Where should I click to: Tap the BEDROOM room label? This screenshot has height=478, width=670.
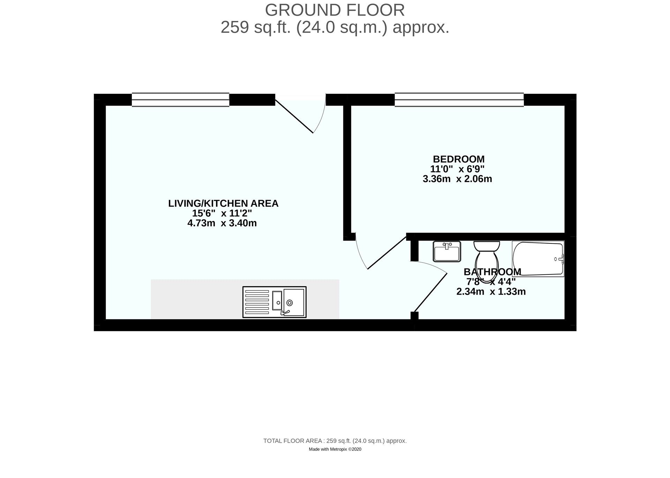coord(459,159)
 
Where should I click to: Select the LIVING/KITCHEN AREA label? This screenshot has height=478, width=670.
coord(223,203)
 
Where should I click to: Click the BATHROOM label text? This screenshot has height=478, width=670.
coord(492,272)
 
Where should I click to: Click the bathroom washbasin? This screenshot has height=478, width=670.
coord(447,251)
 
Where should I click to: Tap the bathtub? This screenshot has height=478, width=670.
coord(537,259)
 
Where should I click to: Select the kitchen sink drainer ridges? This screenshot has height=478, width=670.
coord(257,302)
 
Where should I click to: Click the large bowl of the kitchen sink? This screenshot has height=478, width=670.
coord(294,302)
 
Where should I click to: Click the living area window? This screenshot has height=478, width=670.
coord(180,100)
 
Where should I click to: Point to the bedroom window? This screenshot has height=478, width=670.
coord(459,100)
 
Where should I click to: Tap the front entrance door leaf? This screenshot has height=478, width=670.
coord(294,116)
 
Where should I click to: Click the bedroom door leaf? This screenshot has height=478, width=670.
coord(387,253)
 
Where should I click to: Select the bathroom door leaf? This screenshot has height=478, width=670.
coord(430,292)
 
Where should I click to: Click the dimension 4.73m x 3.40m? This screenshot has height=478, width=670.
coord(222,223)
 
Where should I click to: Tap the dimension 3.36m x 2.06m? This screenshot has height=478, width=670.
coord(457,179)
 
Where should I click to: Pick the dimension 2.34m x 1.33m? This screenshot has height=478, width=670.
coord(491,291)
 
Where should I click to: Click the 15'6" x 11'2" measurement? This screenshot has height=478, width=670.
coord(222,213)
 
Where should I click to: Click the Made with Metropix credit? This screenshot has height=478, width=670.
coord(335,449)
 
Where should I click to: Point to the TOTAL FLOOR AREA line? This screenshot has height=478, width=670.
coord(335,441)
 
